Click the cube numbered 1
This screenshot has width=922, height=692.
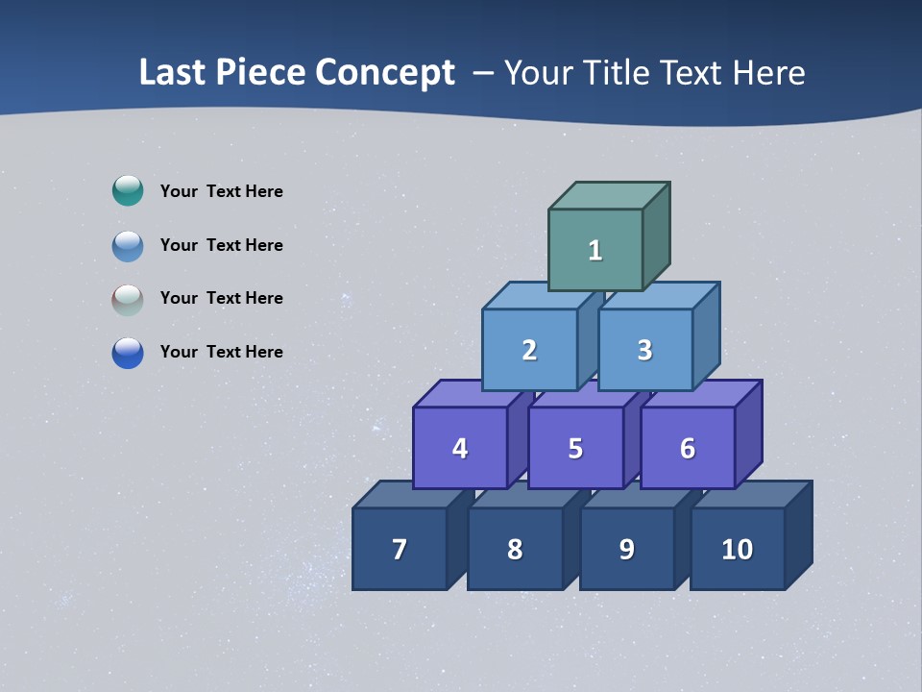click(x=595, y=250)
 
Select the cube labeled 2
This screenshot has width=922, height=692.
click(x=529, y=350)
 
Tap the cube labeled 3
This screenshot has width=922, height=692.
click(x=644, y=350)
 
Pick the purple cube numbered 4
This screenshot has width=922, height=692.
click(x=460, y=448)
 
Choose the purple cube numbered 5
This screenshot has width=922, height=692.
click(x=575, y=448)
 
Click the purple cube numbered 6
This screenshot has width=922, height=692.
click(x=688, y=448)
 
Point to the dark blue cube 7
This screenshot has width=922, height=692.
click(x=400, y=549)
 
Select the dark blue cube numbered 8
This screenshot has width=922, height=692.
click(x=515, y=549)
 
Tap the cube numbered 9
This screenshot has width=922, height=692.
click(x=626, y=549)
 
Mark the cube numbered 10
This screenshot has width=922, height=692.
click(x=737, y=549)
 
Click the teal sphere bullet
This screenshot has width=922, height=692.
click(x=128, y=190)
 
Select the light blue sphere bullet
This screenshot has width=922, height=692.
click(x=128, y=245)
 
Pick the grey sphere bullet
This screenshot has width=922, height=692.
click(x=128, y=299)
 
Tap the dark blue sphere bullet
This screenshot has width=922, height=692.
click(x=128, y=353)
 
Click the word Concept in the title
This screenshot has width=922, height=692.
click(x=385, y=72)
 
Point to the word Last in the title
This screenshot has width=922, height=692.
click(x=174, y=72)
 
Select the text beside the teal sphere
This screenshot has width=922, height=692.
click(x=222, y=191)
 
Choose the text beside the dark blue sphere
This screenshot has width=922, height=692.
click(x=222, y=352)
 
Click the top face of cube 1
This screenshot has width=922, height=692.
click(x=609, y=196)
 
